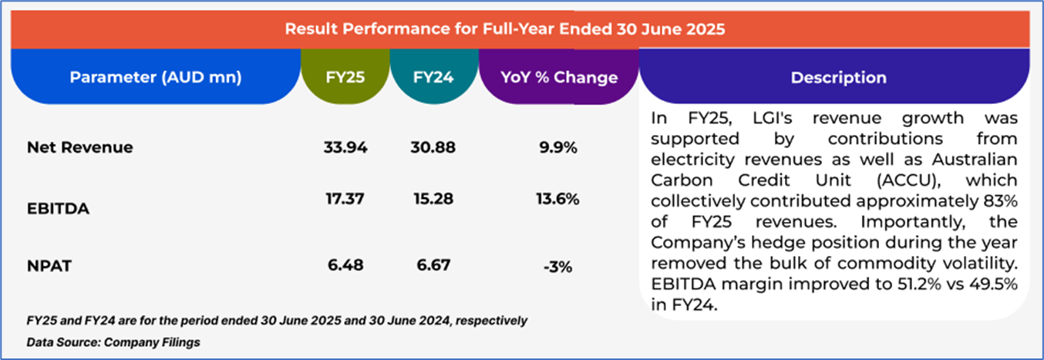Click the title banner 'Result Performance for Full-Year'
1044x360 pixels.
505,30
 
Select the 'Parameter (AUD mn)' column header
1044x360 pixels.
156,77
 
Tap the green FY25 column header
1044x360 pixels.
345,77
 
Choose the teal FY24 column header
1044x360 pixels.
434,77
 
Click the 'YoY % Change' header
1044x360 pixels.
559,77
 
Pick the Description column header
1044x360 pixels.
838,77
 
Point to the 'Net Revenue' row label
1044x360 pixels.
79,147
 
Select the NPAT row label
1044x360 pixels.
49,267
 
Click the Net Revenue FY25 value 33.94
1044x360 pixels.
344,147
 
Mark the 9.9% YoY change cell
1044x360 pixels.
559,147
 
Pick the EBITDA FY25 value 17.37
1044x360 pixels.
343,198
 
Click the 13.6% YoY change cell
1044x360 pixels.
559,198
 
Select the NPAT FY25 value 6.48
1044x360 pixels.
344,266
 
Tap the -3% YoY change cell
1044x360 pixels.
557,267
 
